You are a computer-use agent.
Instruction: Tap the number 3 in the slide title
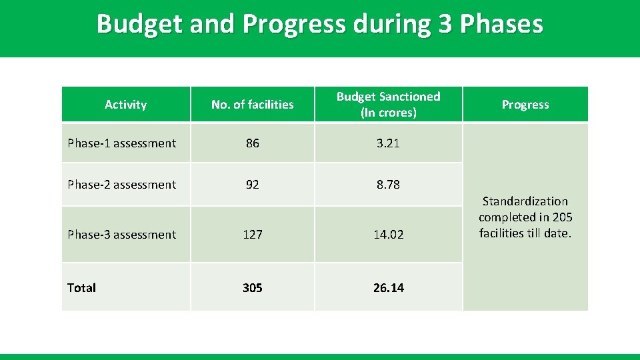[445, 24]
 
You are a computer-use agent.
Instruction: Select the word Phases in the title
[501, 24]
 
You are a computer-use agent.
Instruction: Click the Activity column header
[125, 105]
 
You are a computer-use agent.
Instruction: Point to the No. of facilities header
[252, 105]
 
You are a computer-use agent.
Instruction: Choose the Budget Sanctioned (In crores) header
[388, 105]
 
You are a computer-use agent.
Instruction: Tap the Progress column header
[525, 105]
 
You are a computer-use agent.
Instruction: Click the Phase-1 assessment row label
[122, 143]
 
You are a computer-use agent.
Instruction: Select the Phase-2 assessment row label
[122, 185]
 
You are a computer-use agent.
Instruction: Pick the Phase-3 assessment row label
[122, 235]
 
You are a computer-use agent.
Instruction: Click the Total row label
[82, 288]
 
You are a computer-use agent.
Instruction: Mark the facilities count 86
[252, 143]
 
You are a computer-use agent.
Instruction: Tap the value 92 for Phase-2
[252, 185]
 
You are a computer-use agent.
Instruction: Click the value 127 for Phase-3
[252, 235]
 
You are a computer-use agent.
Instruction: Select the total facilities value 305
[252, 288]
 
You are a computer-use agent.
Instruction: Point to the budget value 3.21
[388, 143]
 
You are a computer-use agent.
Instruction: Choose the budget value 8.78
[388, 185]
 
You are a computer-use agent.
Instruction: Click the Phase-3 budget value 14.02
[388, 235]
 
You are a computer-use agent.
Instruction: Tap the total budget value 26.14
[388, 288]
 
